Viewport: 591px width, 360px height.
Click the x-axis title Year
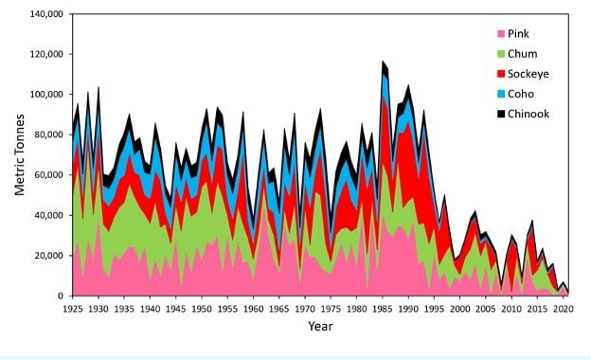pos(319,327)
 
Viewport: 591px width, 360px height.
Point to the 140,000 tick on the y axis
pos(45,14)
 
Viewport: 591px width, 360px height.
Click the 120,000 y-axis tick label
pos(45,54)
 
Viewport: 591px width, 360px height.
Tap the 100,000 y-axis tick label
pos(45,95)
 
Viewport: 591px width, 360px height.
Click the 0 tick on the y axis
pos(61,296)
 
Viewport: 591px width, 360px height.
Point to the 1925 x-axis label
pos(73,309)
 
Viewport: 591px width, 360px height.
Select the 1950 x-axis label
pos(202,309)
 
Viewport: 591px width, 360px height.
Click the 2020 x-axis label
pos(563,309)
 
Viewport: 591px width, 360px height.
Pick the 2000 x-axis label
pos(460,309)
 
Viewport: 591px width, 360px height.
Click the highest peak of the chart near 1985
pos(383,62)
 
